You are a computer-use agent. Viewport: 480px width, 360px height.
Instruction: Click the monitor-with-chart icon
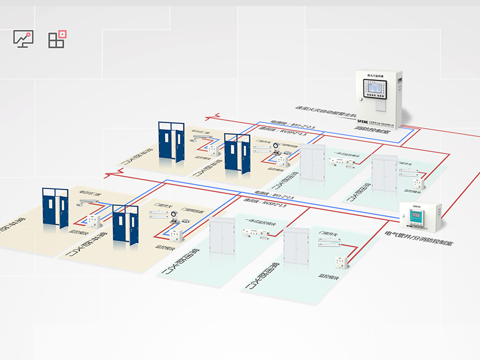point(23,40)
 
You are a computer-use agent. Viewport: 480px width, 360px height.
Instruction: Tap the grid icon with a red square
point(57,39)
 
